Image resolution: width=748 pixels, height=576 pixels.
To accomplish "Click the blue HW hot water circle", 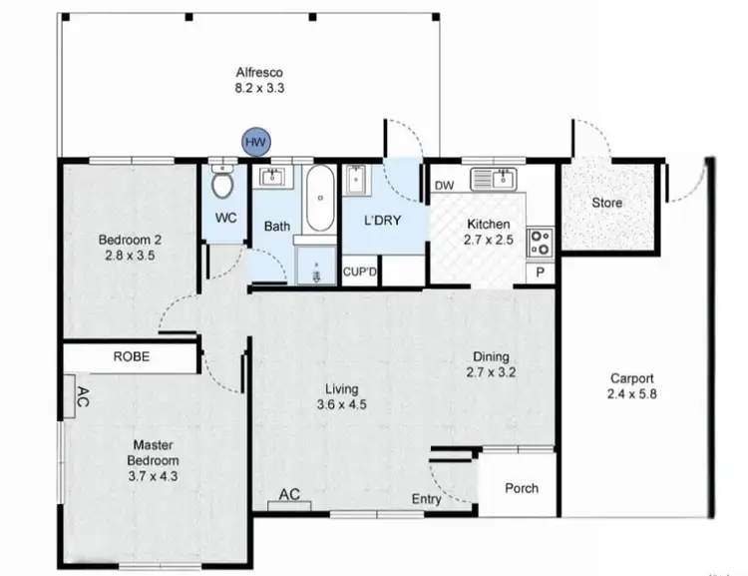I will (x=254, y=144).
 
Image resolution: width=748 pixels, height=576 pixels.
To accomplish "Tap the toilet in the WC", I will (x=223, y=184).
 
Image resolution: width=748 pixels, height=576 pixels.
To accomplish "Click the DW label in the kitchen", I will (x=444, y=187).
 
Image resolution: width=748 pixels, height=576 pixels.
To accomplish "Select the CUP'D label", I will (x=359, y=271).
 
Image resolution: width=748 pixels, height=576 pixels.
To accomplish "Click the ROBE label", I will (x=132, y=356).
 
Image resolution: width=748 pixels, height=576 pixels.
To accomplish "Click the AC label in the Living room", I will (x=290, y=493).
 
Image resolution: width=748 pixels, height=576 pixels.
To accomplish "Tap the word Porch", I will (x=521, y=488).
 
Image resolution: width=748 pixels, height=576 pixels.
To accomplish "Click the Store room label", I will (x=607, y=203).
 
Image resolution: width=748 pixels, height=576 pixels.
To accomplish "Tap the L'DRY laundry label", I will (x=382, y=222).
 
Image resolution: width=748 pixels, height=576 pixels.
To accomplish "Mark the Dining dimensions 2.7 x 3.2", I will (x=492, y=372).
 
